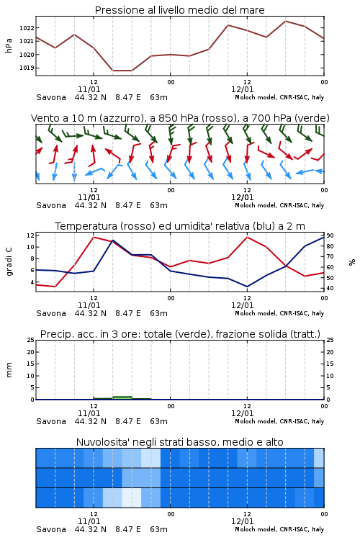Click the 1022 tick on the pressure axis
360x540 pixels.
click(27, 28)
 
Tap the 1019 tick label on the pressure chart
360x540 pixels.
click(27, 68)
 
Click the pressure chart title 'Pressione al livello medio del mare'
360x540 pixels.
click(180, 10)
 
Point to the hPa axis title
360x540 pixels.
click(9, 45)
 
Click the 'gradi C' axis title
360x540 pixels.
click(9, 261)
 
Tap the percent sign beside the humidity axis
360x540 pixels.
click(352, 262)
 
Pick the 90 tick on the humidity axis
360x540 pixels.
click(330, 235)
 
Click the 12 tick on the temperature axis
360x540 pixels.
click(30, 235)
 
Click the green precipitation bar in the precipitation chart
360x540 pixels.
click(122, 397)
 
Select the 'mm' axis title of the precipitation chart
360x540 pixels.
click(9, 370)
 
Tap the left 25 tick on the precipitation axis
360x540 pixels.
click(31, 340)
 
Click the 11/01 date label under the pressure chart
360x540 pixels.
click(89, 89)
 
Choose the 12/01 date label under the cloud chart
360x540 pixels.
click(242, 521)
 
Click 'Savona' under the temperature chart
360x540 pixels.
click(51, 313)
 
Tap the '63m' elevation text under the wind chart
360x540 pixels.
click(159, 205)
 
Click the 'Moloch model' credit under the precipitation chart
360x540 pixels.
click(256, 421)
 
